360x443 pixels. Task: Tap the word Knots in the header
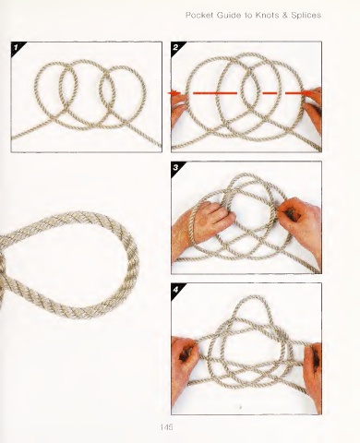[267, 15]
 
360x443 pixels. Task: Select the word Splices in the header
[306, 16]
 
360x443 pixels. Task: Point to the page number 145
[166, 427]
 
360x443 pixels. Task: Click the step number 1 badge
[17, 48]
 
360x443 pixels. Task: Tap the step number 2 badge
[176, 48]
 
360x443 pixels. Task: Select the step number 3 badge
[176, 168]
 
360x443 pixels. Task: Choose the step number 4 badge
[176, 290]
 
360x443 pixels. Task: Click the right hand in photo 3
[303, 223]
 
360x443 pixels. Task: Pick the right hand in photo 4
[313, 372]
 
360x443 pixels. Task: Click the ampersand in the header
[284, 15]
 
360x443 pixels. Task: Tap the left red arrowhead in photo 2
[174, 93]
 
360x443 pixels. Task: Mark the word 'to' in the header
[248, 16]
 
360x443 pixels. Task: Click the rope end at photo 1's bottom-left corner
[13, 138]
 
